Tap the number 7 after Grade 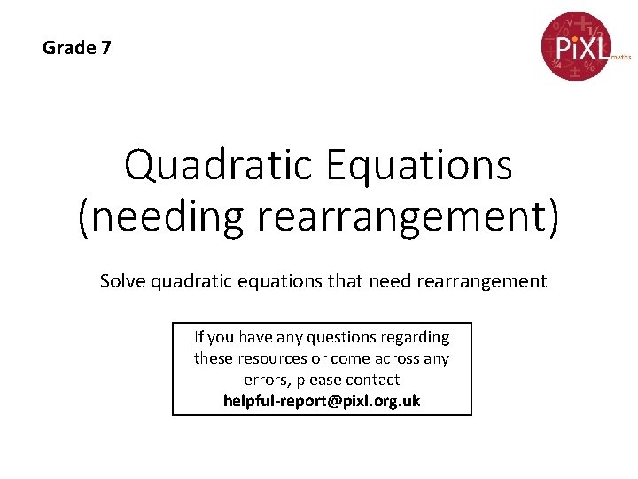106,48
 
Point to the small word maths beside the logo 620,56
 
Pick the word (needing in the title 160,218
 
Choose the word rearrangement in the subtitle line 479,281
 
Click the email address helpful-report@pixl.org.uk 322,401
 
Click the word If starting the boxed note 199,337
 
